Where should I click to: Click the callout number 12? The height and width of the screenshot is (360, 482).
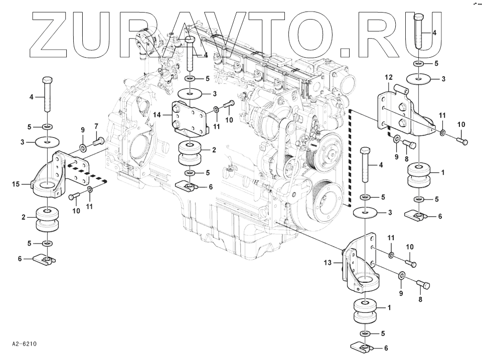tap(388, 78)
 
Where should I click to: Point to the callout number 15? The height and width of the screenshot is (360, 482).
tap(15, 185)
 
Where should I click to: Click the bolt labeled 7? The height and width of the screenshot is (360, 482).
tap(97, 143)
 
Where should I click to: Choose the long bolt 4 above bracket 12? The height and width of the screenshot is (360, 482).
tap(420, 33)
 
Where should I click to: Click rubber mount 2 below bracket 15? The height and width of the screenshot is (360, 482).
tap(48, 221)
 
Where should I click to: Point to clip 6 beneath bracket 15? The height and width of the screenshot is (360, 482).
tap(46, 260)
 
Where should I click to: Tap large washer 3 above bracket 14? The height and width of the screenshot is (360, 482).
tap(190, 94)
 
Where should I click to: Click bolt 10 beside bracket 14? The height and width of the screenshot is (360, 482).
tap(228, 105)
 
